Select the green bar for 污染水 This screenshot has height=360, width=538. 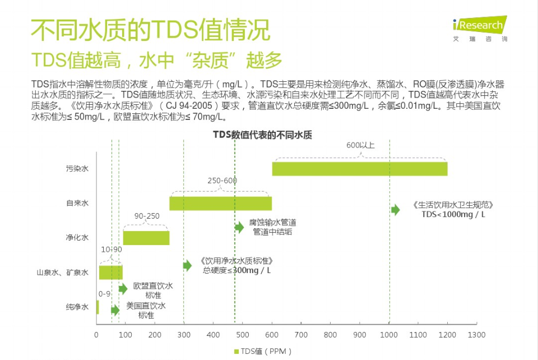tap(360, 168)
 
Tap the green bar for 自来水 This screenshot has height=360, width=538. tap(220, 204)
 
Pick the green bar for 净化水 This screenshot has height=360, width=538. tap(146, 238)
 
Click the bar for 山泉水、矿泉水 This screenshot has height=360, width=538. tap(110, 273)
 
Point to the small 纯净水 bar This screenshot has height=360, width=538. tap(98, 307)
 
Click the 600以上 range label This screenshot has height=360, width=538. tap(360, 145)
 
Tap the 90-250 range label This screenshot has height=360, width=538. tap(147, 216)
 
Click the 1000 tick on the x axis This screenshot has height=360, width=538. tap(388, 335)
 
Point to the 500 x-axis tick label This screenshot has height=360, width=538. tap(242, 335)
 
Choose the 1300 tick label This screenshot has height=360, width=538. tap(476, 335)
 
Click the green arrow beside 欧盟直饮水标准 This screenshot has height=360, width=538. tap(123, 289)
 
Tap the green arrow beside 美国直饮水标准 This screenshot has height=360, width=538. tap(115, 310)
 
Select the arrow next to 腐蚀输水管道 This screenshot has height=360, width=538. tap(239, 227)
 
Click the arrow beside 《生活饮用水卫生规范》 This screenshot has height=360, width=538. tap(396, 210)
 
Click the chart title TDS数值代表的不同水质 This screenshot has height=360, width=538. tap(262, 135)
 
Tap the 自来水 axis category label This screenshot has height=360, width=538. tap(77, 203)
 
